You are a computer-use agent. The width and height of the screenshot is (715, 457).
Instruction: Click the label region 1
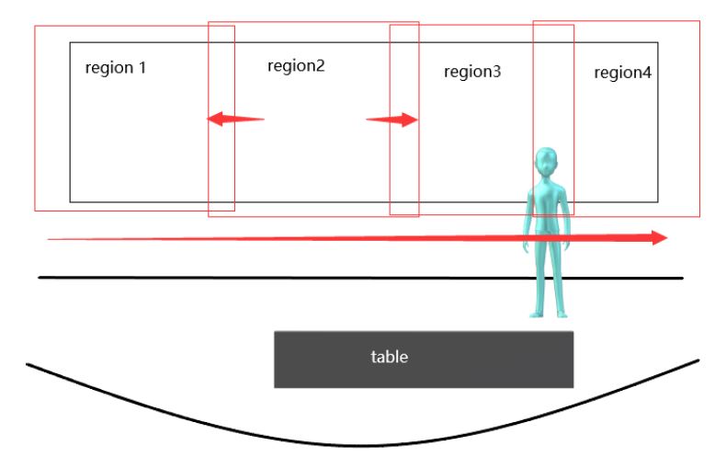coord(115,68)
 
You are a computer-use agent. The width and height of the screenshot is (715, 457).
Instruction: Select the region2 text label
coord(296,66)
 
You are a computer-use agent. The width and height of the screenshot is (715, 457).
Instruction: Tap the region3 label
coord(472,72)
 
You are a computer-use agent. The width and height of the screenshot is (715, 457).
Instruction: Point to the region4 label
coord(622,73)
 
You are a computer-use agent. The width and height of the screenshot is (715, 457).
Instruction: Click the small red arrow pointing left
coord(233,119)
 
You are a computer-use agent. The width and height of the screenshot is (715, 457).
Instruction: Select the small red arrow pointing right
coord(392,120)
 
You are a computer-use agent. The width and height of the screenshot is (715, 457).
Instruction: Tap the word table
coord(389,357)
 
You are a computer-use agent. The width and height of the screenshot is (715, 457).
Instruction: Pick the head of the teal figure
coord(548,164)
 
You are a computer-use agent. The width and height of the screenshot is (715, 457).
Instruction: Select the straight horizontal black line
coord(276,277)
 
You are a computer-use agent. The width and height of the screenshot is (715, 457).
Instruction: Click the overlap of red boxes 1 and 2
coord(221,166)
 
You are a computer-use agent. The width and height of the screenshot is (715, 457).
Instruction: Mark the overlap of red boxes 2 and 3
coord(404,166)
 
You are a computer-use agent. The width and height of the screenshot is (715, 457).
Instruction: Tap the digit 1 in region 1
coord(142,68)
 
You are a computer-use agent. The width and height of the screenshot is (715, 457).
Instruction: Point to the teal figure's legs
coord(548,271)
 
